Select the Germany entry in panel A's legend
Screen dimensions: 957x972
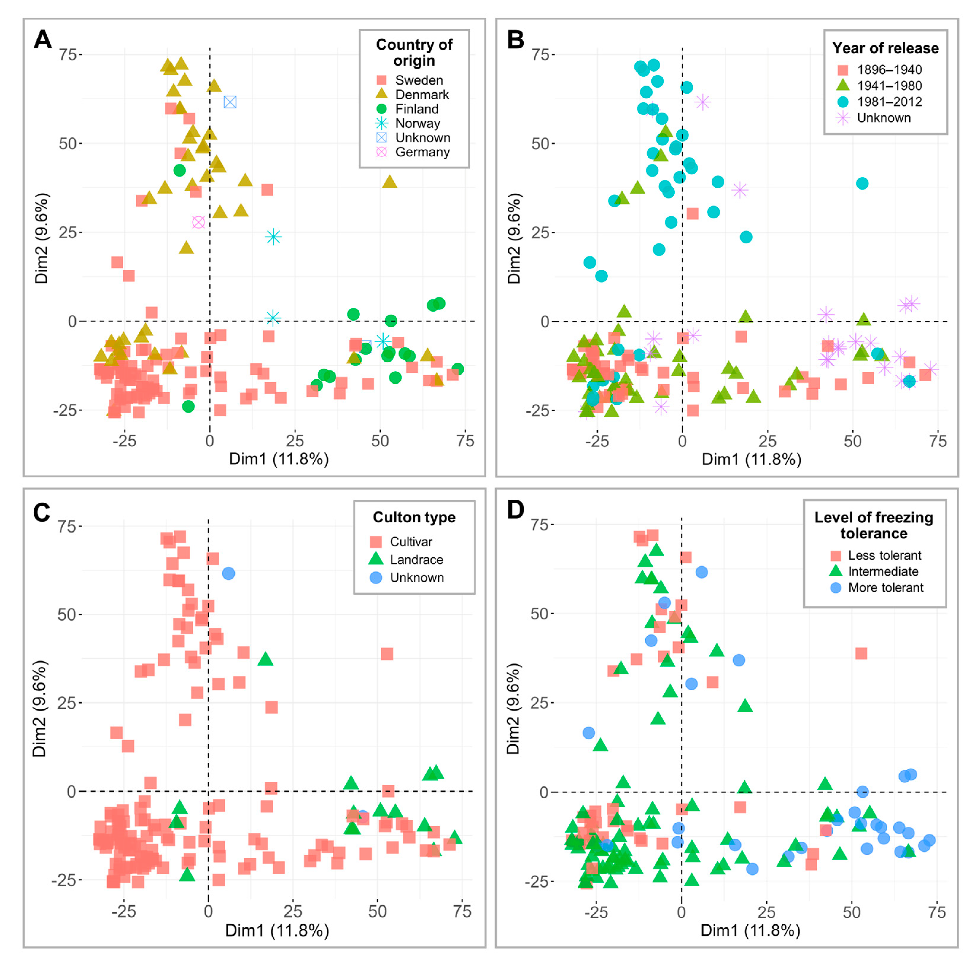(x=422, y=152)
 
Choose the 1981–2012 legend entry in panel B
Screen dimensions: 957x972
(x=889, y=102)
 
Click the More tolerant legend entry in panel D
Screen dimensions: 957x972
(x=886, y=587)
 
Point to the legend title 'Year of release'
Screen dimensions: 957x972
(x=885, y=48)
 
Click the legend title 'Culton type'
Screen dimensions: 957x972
(x=414, y=517)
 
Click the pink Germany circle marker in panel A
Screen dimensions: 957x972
(x=198, y=222)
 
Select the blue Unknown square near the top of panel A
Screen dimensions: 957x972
(x=230, y=102)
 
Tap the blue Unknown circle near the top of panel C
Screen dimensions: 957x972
(x=229, y=573)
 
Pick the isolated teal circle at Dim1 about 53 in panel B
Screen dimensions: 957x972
(x=862, y=183)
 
